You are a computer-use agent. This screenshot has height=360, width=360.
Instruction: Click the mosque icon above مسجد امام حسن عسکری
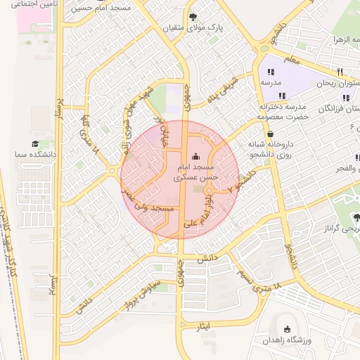(195, 156)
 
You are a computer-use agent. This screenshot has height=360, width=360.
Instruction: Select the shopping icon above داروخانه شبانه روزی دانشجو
(271, 132)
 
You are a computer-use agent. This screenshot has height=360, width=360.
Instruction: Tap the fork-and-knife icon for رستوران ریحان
(340, 72)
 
